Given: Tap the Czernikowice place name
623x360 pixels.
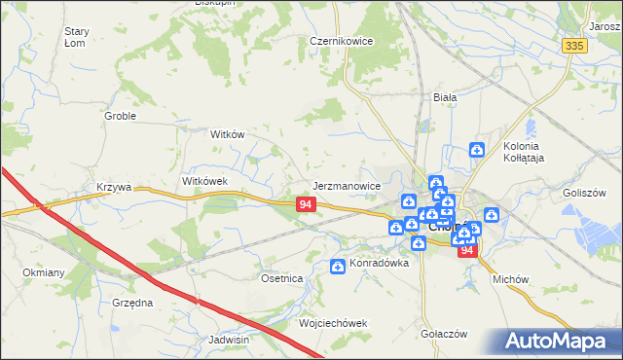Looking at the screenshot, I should (341, 42).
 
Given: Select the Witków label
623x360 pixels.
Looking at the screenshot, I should (227, 135).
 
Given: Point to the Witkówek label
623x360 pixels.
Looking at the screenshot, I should (204, 181).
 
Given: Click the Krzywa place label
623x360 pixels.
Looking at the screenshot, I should (113, 186).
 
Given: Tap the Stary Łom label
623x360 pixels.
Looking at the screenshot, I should (77, 37).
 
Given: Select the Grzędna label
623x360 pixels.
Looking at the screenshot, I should (132, 303).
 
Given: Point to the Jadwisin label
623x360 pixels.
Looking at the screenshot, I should (229, 340).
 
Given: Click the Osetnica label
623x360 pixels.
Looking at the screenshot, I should (282, 278).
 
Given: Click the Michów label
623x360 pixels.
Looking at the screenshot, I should (510, 278).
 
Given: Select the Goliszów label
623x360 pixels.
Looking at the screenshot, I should (585, 193).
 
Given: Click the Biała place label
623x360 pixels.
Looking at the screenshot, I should (445, 97).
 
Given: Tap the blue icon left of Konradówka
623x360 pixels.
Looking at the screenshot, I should (338, 265).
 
